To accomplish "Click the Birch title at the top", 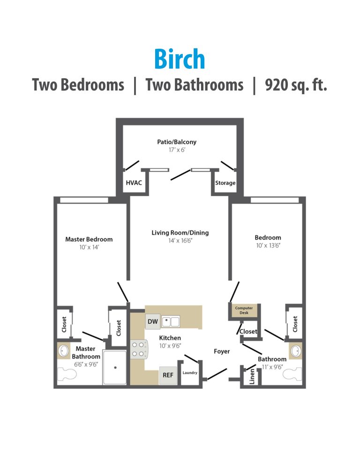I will tap(180, 60).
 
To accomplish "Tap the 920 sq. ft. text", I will tap(296, 85).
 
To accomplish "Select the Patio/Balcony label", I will tap(177, 142).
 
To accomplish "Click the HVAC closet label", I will tap(133, 183).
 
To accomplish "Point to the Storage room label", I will tap(225, 183).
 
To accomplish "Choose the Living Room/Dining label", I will tap(180, 233).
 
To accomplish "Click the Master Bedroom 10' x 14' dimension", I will tap(89, 247).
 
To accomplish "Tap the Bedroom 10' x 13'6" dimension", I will tap(268, 245).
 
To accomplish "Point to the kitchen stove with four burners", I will tap(137, 348).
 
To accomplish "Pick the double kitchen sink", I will tap(171, 322).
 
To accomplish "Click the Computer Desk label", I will tap(244, 310).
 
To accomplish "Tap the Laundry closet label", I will tap(190, 373).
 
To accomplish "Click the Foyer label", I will tap(222, 351).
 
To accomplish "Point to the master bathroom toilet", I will tap(68, 375).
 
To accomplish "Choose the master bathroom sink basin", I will tap(64, 350).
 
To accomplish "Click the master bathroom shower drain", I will tap(115, 374).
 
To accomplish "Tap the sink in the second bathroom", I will tap(295, 351).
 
